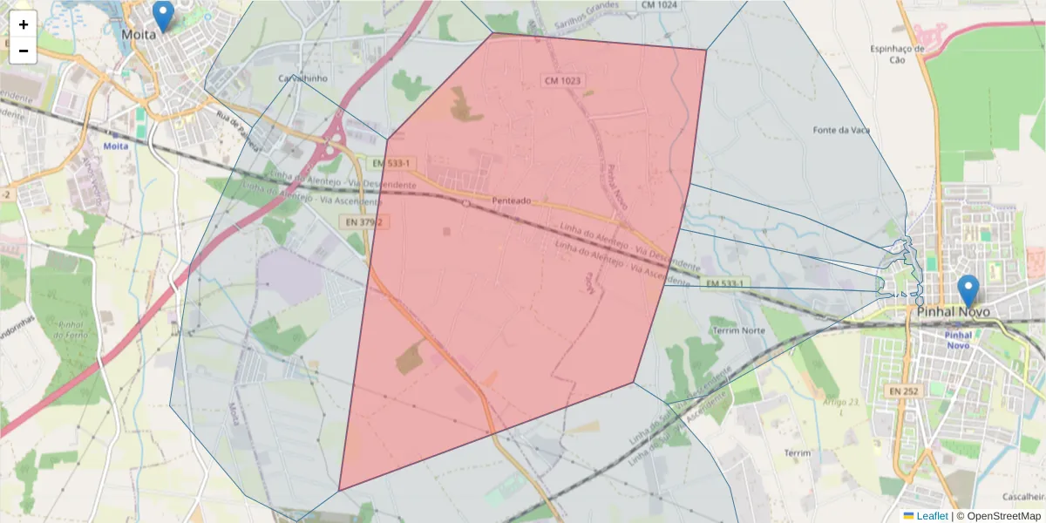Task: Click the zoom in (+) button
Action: pos(24,24)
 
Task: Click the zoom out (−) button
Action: pos(24,51)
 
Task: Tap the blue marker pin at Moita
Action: pos(162,17)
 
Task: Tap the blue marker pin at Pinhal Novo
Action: pos(968,290)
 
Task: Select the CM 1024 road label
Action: pos(660,5)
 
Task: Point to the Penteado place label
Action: pos(512,200)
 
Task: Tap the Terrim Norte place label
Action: pos(738,331)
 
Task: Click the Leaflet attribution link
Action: pos(932,516)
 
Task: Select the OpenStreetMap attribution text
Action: pos(998,516)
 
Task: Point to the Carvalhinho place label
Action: pos(302,78)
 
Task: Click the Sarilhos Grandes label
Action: pos(588,5)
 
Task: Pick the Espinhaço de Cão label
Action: pos(897,54)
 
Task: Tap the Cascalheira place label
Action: pos(1024,496)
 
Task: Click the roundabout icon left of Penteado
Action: pos(466,203)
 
